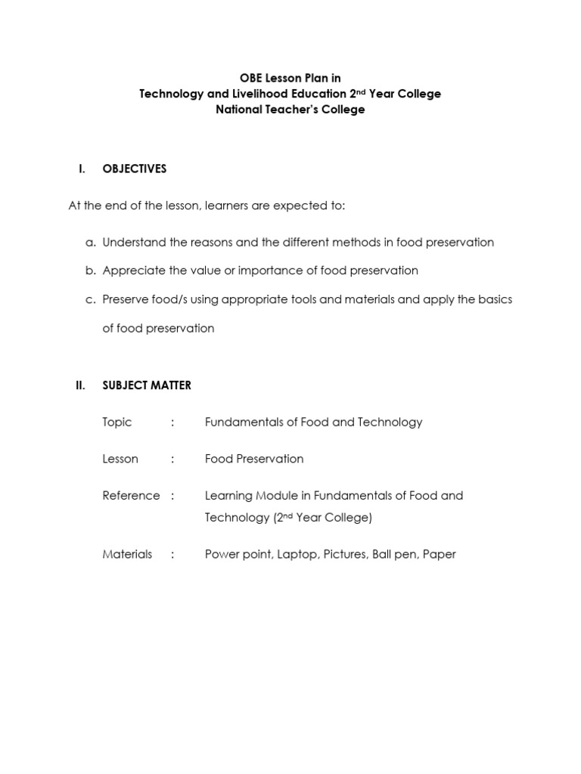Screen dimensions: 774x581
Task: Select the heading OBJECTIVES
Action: [134, 169]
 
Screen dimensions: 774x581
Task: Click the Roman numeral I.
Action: [82, 169]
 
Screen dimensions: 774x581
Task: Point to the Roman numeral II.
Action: [80, 385]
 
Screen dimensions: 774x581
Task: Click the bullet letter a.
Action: [90, 243]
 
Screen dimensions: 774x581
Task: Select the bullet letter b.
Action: [90, 271]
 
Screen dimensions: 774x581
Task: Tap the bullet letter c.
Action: [90, 299]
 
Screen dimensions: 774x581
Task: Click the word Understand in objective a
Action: [132, 243]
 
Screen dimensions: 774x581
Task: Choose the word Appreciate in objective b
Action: [131, 271]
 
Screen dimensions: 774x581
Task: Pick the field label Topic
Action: [117, 423]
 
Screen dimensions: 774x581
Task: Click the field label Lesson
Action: [120, 459]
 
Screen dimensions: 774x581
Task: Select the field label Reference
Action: [131, 496]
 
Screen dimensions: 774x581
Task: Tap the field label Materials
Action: [127, 555]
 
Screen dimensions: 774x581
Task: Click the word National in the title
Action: [239, 110]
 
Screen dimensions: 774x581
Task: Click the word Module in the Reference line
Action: [278, 496]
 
